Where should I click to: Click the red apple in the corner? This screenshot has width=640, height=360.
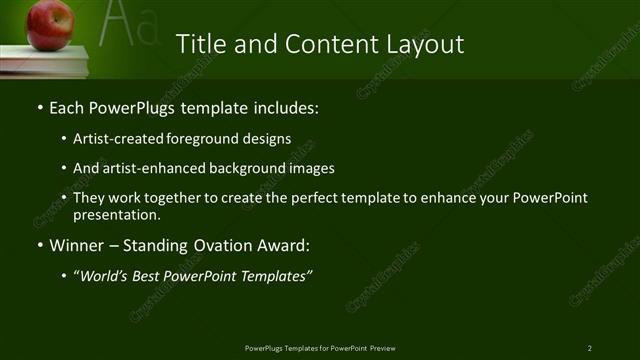(50, 23)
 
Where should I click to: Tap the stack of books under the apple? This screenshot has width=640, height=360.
(45, 60)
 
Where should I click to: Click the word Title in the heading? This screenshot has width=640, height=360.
(198, 45)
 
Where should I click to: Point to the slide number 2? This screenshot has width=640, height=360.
(589, 347)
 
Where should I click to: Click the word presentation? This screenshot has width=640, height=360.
(116, 214)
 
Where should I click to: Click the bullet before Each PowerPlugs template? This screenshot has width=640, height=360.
(39, 107)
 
